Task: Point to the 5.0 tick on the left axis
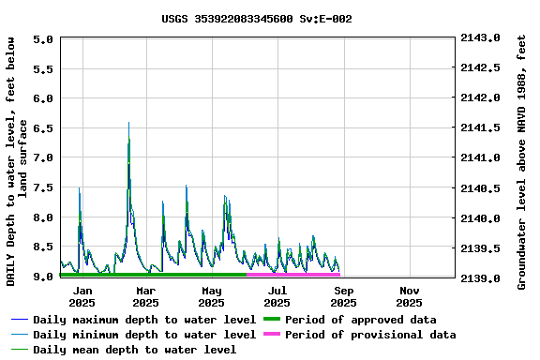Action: (42, 39)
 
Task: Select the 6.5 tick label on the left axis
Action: (42, 127)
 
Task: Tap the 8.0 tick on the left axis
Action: (42, 217)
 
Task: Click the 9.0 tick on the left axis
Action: (42, 277)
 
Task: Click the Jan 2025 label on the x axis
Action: (82, 296)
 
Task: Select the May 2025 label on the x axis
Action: (211, 296)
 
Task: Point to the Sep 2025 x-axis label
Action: (343, 296)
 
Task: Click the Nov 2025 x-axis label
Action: (409, 296)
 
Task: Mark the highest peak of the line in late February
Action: (128, 123)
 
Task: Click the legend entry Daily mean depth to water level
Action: (135, 350)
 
